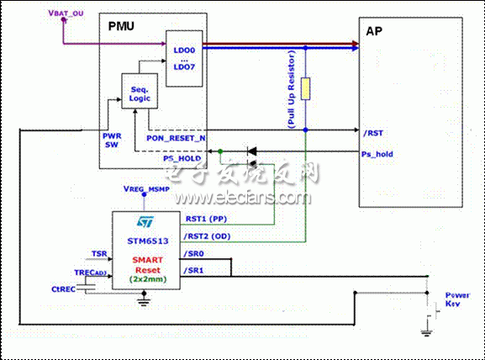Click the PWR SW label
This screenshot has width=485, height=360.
point(112,140)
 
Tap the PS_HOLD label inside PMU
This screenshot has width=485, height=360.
point(180,157)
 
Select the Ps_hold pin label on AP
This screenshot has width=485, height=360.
point(377,154)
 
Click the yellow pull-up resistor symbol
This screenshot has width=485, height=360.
point(306,88)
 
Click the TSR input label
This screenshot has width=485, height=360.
point(98,252)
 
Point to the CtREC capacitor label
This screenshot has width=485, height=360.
point(65,290)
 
